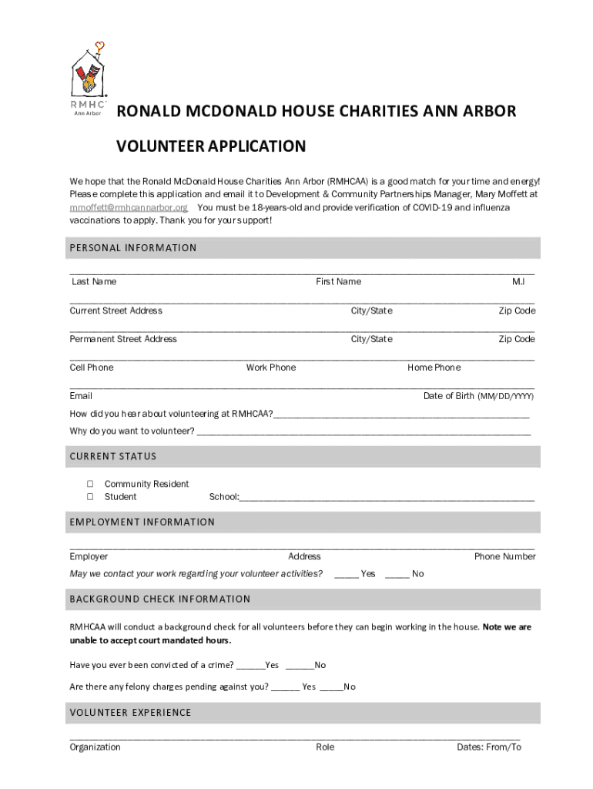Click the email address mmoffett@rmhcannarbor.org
[x=129, y=208]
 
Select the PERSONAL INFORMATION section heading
[x=133, y=248]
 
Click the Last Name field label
[x=94, y=282]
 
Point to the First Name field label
[x=338, y=282]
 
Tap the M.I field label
[x=518, y=282]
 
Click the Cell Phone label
[x=91, y=368]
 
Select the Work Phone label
[x=270, y=368]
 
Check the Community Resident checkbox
[x=90, y=484]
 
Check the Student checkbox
[x=90, y=497]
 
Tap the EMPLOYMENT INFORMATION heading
[x=142, y=522]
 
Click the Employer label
[x=89, y=556]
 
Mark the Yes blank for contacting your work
[x=346, y=573]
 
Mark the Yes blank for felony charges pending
[x=285, y=687]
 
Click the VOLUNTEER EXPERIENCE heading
[x=130, y=713]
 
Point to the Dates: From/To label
[x=488, y=747]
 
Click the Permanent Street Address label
[x=123, y=339]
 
